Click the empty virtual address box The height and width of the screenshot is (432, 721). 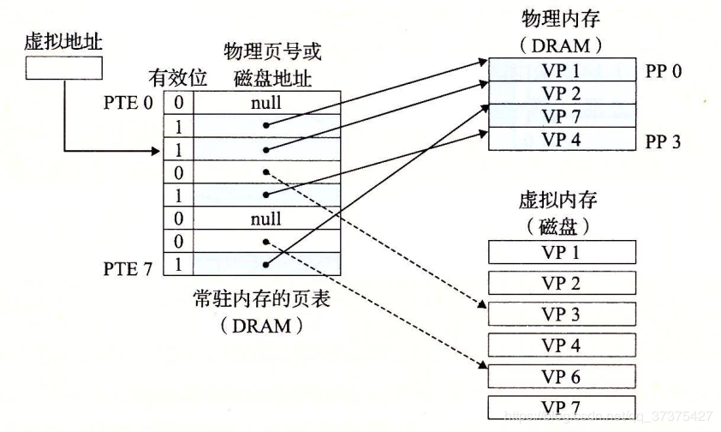point(63,69)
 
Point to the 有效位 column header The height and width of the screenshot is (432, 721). point(178,77)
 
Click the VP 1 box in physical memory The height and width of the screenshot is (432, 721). point(562,71)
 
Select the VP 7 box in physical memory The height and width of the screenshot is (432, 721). point(562,117)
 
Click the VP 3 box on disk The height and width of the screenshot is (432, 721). point(562,314)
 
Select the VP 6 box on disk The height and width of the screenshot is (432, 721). point(562,375)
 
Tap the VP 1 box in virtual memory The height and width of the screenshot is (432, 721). point(562,252)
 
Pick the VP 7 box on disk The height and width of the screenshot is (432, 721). point(562,406)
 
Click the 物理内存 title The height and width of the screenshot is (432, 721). point(563,19)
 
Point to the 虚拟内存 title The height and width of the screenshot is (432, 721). point(557,201)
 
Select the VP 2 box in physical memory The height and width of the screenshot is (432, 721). point(562,94)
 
